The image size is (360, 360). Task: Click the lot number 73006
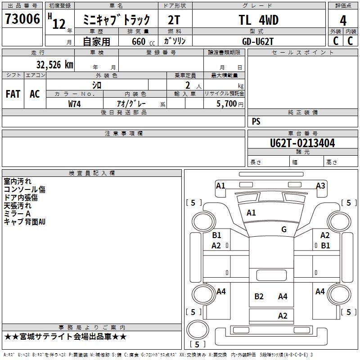[x=22, y=19]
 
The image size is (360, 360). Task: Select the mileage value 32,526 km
[x=55, y=65]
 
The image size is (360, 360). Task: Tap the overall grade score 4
[x=343, y=21]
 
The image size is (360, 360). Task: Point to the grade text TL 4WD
[x=258, y=20]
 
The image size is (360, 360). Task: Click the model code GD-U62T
[x=258, y=41]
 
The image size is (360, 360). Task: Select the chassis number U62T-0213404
[x=302, y=143]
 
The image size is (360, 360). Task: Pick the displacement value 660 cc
[x=143, y=41]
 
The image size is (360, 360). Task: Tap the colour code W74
[x=74, y=104]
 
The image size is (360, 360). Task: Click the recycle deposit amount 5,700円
[x=230, y=104]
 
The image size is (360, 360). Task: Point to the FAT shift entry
[x=13, y=94]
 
